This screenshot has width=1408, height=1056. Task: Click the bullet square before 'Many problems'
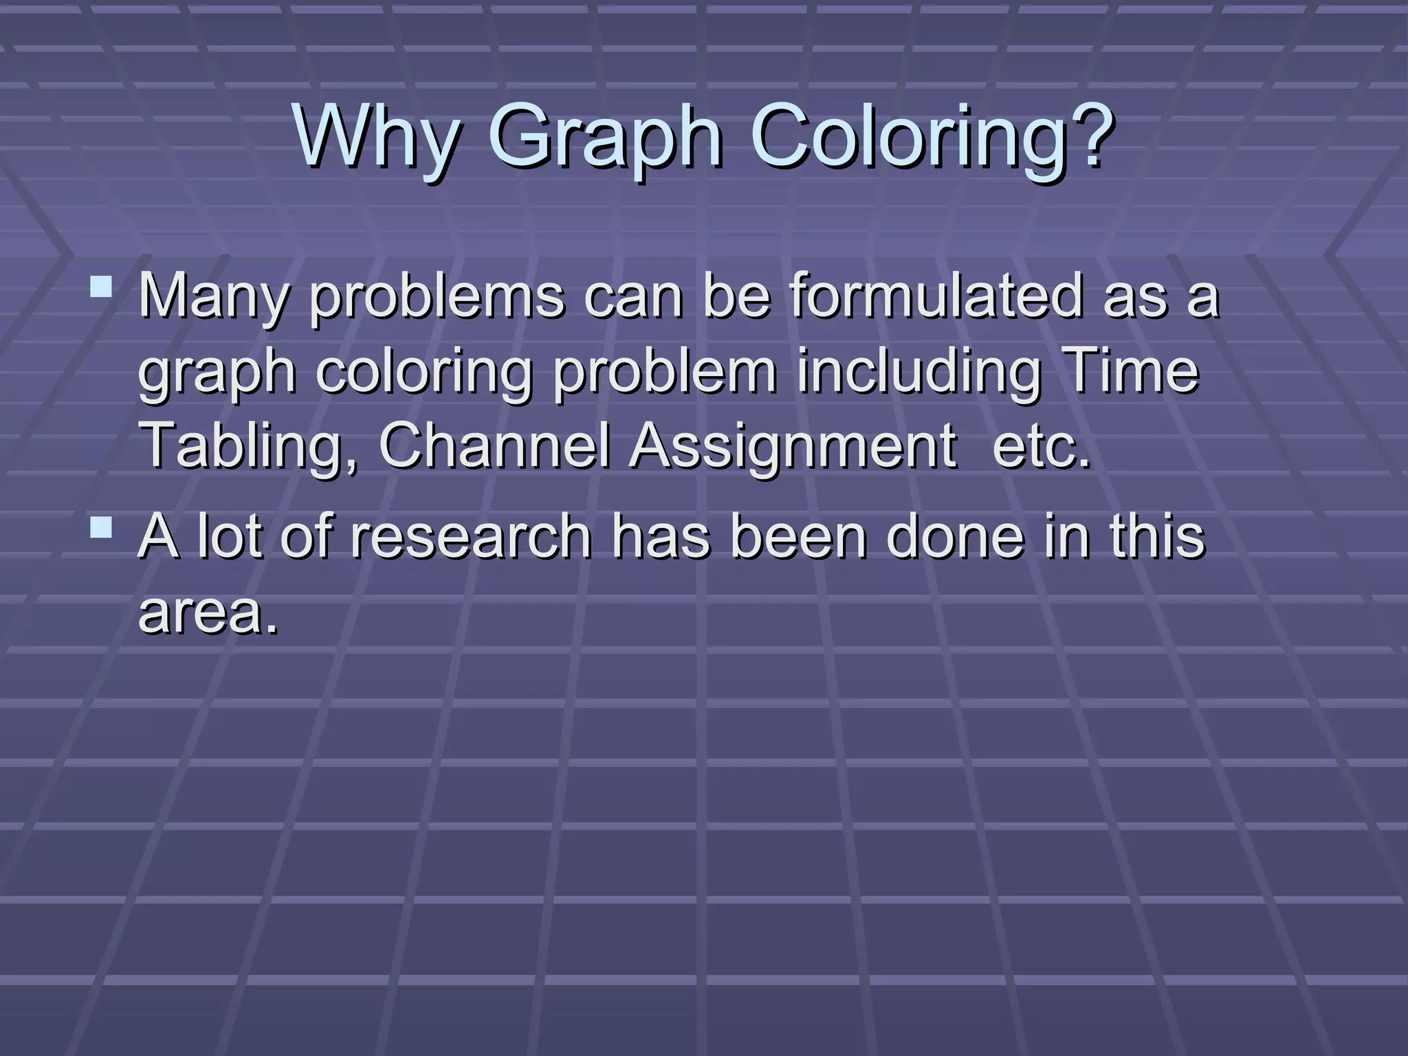click(102, 287)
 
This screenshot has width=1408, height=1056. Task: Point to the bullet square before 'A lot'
click(102, 527)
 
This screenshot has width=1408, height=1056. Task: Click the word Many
click(214, 298)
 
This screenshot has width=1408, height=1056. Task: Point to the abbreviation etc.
click(1042, 447)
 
